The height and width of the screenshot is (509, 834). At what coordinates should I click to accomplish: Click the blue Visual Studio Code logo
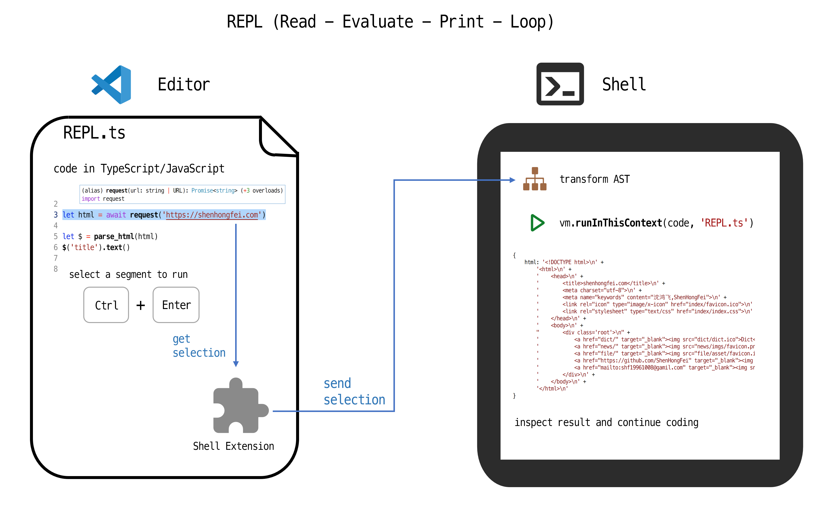click(x=111, y=85)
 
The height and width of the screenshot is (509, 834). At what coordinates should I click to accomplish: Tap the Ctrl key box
click(x=106, y=305)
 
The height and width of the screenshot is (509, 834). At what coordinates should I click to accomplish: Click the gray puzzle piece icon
click(x=241, y=405)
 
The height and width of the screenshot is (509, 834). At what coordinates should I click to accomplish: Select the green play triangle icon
click(x=537, y=223)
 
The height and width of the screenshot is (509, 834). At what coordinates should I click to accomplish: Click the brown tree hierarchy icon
click(x=535, y=179)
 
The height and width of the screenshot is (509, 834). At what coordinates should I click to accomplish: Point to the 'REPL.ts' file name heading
click(x=94, y=133)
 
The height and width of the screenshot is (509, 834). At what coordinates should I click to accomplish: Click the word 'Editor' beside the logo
click(x=184, y=85)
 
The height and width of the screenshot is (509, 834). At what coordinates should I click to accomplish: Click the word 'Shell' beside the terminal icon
click(x=624, y=84)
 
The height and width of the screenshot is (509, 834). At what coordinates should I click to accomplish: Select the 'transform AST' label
click(x=595, y=179)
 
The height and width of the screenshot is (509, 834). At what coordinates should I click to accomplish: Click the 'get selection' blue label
click(x=199, y=346)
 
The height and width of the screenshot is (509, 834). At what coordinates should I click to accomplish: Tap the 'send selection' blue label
click(x=354, y=392)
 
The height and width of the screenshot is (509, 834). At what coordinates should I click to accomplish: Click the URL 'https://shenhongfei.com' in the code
click(x=212, y=215)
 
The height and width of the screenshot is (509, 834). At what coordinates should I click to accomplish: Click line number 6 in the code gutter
click(x=56, y=247)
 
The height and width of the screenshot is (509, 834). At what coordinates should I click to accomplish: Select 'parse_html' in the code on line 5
click(x=114, y=237)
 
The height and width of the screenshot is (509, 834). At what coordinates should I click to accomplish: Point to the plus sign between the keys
click(x=141, y=305)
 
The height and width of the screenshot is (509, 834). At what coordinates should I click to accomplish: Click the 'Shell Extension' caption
click(x=233, y=446)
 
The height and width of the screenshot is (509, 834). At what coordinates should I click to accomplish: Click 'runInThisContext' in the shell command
click(x=619, y=223)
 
